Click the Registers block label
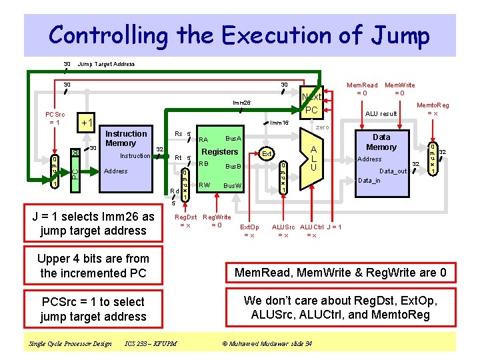pos(220,152)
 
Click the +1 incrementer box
pos(86,123)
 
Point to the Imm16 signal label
pos(278,123)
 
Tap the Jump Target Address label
pos(107,64)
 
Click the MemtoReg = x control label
pos(433,109)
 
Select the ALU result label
pos(381,114)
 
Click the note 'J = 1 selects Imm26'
pos(93,223)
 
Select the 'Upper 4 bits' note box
pos(93,265)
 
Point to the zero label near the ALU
pos(323,127)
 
